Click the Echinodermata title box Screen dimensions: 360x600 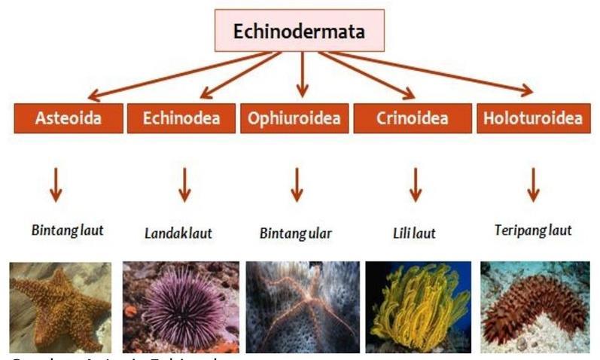[x=299, y=32]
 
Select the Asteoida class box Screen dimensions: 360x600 [x=68, y=118]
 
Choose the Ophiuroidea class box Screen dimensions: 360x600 [x=294, y=118]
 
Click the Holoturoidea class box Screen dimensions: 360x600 [x=533, y=118]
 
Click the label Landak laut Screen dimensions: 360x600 [x=178, y=233]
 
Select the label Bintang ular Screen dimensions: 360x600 [x=295, y=233]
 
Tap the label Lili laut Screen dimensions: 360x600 [x=414, y=233]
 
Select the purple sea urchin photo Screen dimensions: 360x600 [x=181, y=307]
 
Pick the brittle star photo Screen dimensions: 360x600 [x=300, y=307]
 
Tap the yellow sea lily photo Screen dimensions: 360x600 [x=418, y=307]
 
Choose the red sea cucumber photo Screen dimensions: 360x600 [x=535, y=307]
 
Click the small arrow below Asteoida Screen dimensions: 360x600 [x=56, y=185]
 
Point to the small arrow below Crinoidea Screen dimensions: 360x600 [x=415, y=185]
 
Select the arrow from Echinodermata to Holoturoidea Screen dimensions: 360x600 [x=437, y=72]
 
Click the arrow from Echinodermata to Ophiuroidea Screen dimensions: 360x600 [x=302, y=75]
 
